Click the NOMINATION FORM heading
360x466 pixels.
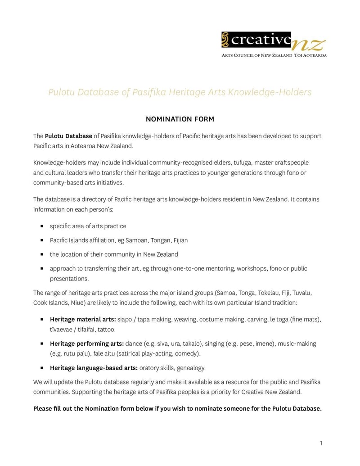pyautogui.click(x=180, y=119)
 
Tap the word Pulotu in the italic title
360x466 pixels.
pyautogui.click(x=61, y=92)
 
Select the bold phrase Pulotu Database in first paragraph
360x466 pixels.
pyautogui.click(x=68, y=136)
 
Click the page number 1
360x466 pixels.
pyautogui.click(x=321, y=443)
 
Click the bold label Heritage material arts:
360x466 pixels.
pyautogui.click(x=83, y=319)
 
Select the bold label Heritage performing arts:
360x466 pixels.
pyautogui.click(x=87, y=344)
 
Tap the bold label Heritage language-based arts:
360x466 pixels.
pyautogui.click(x=94, y=368)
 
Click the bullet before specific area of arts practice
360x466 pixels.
pyautogui.click(x=41, y=226)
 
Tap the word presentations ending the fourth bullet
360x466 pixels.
pyautogui.click(x=68, y=279)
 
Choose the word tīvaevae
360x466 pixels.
pyautogui.click(x=63, y=330)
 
